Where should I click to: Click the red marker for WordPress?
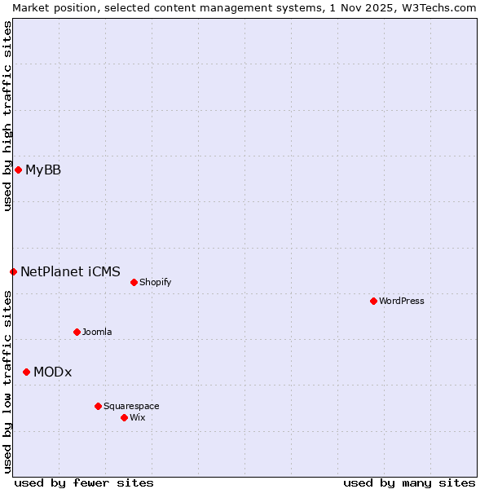(373, 301)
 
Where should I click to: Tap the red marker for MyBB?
(18, 170)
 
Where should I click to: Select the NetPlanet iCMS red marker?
(13, 271)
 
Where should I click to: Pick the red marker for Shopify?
(134, 282)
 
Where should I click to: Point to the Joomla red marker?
(77, 332)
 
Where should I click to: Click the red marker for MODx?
(26, 372)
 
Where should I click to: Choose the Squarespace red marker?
(98, 406)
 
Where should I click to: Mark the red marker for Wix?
(124, 417)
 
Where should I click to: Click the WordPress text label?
(402, 301)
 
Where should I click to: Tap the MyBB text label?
(43, 170)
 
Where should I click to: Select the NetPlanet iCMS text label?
(70, 271)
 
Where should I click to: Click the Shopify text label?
(155, 282)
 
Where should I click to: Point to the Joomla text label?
(97, 332)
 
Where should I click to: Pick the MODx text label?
(52, 372)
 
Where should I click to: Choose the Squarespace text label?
(131, 406)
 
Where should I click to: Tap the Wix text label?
(137, 417)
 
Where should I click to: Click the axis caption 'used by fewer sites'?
(84, 482)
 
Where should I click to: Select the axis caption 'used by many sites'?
(409, 482)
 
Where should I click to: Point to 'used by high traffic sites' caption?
(7, 116)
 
